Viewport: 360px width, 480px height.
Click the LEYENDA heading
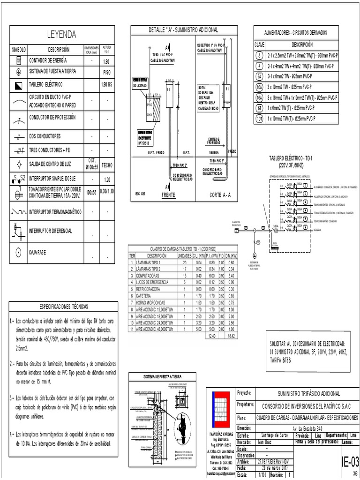coord(61,35)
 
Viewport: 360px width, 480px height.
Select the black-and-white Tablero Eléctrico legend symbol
coord(18,85)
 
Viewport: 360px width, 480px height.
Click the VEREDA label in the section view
coord(209,152)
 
